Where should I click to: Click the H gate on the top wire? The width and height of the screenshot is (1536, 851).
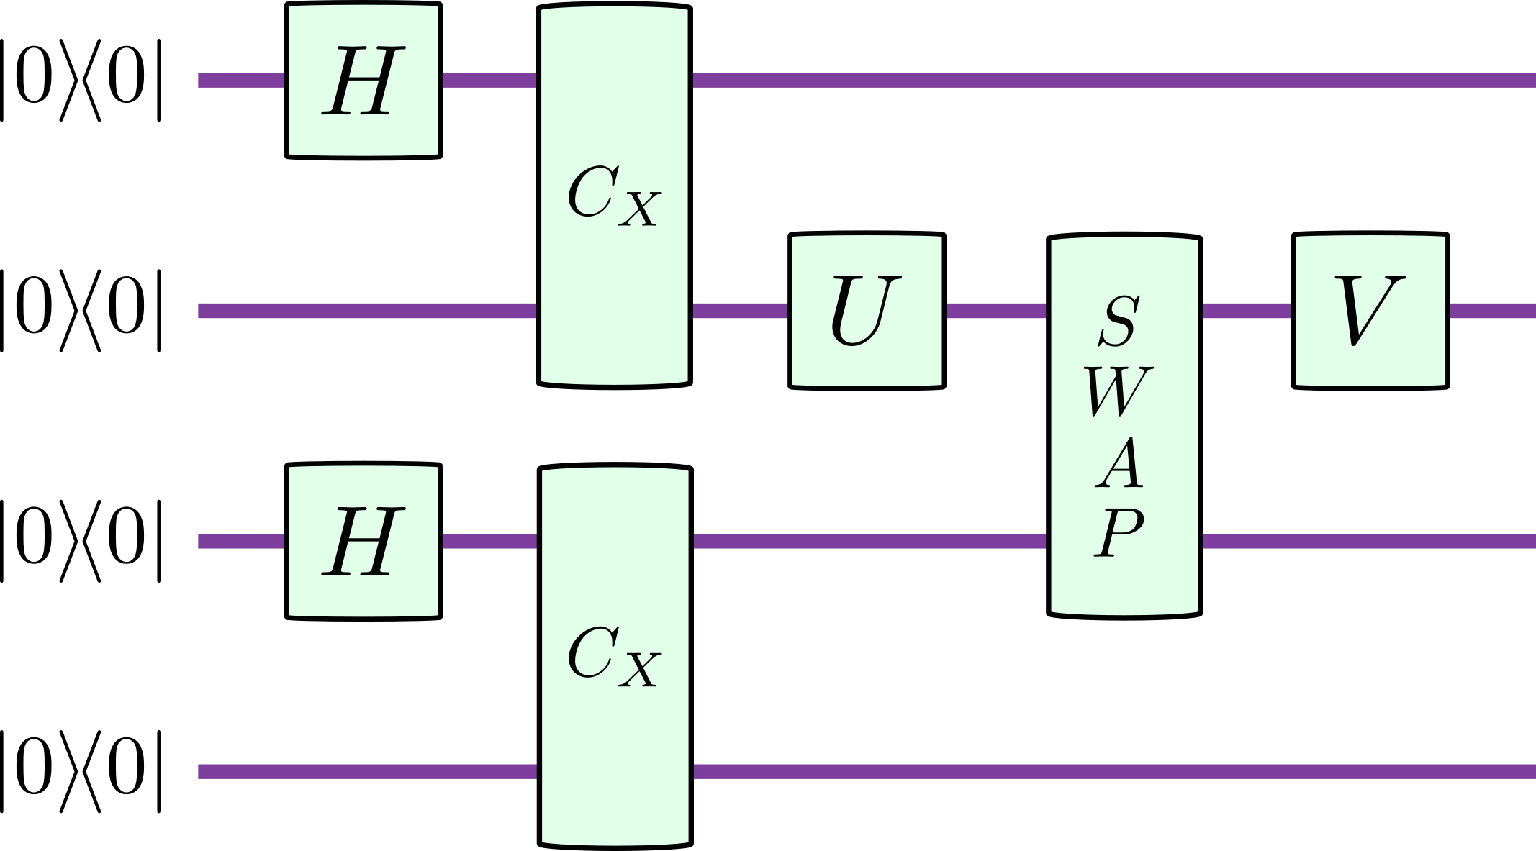click(x=363, y=81)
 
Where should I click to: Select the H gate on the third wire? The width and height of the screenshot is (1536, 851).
click(x=363, y=541)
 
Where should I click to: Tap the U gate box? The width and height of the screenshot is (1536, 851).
click(x=867, y=311)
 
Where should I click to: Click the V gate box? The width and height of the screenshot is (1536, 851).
click(x=1370, y=311)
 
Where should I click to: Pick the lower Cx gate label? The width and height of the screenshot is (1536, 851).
click(x=613, y=655)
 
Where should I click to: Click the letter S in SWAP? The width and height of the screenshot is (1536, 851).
click(x=1120, y=321)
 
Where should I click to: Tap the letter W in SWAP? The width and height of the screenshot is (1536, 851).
click(x=1119, y=392)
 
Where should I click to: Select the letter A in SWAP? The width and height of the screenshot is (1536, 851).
click(x=1120, y=463)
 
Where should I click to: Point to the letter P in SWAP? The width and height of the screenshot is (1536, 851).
click(x=1120, y=533)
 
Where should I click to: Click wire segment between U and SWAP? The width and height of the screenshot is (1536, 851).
click(x=996, y=311)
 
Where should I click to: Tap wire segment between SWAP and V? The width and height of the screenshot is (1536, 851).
click(x=1247, y=311)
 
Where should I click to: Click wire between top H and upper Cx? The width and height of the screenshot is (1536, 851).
click(x=489, y=80)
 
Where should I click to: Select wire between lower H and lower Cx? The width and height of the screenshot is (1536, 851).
click(x=489, y=541)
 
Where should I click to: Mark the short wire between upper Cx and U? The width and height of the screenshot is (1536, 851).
click(x=740, y=311)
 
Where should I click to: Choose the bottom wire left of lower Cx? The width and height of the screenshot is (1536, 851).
click(x=367, y=772)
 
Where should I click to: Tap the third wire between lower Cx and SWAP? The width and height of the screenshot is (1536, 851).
click(x=869, y=541)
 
